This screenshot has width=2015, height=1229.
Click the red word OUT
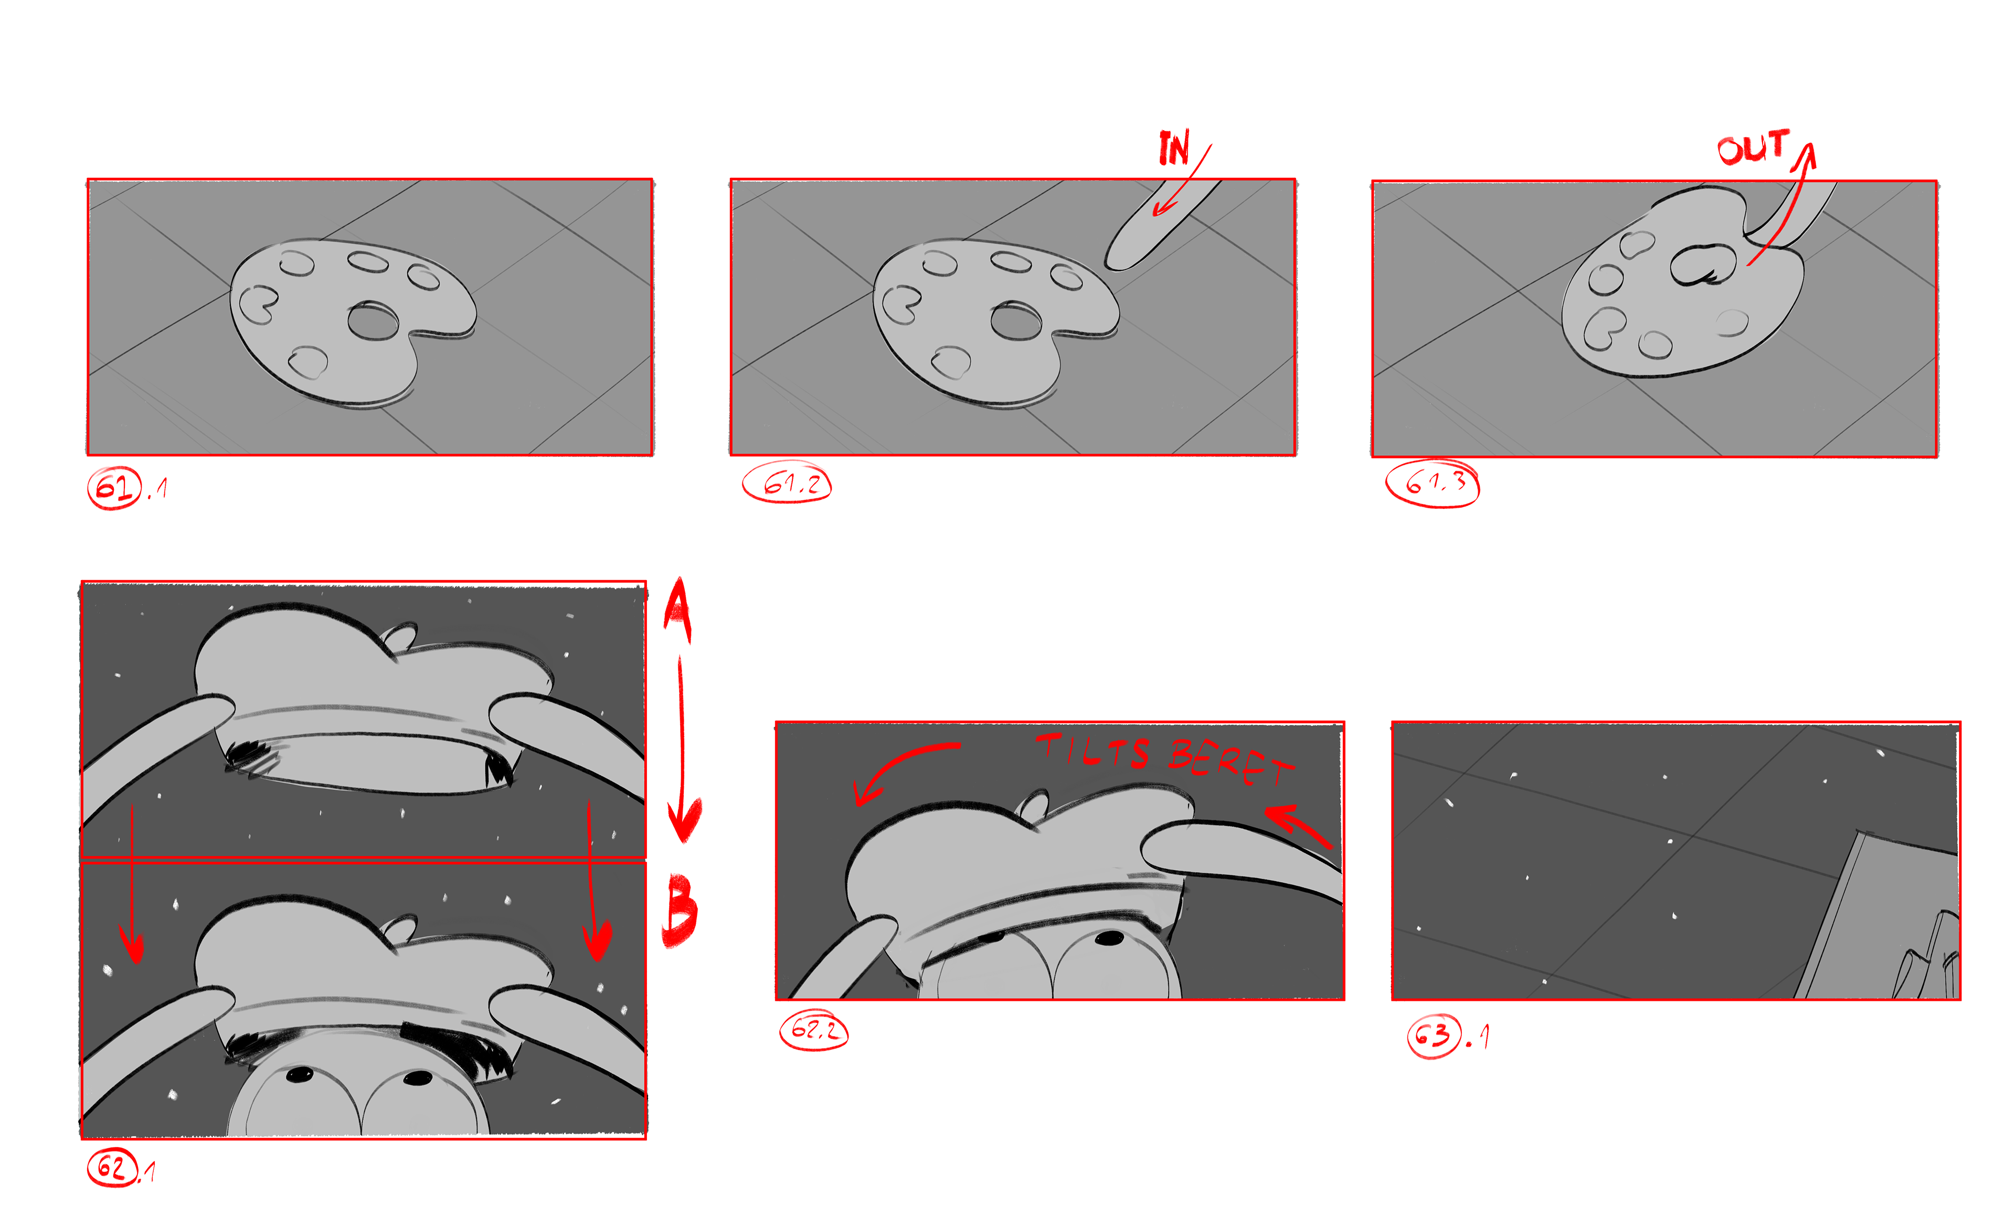tap(1753, 147)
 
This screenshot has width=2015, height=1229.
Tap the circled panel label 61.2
tap(787, 483)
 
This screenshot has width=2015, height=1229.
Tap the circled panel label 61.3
tap(1432, 484)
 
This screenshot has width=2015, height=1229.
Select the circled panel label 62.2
tap(814, 1030)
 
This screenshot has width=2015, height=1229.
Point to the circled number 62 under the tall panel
tap(112, 1167)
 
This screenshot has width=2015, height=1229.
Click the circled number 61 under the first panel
tap(114, 488)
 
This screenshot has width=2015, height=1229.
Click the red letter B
tap(680, 910)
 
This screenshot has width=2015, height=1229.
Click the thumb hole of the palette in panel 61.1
tap(373, 320)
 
